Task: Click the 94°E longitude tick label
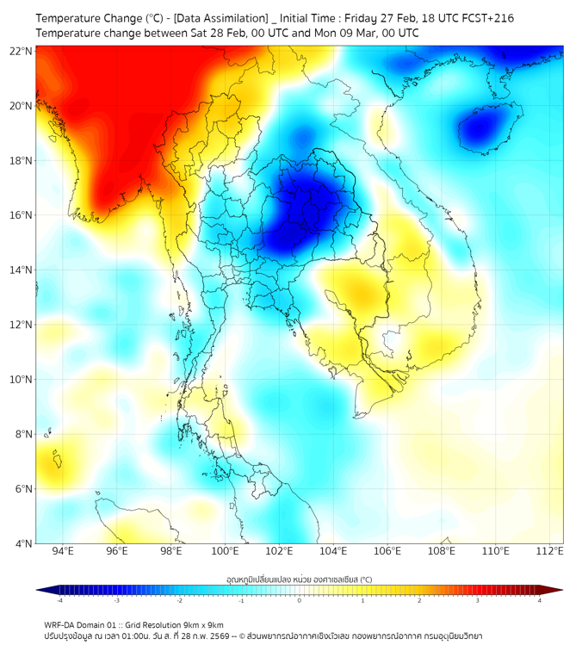coord(62,551)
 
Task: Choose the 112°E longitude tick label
coord(550,551)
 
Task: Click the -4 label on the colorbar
coord(59,601)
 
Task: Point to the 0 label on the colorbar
coord(300,601)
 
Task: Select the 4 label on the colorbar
coord(540,601)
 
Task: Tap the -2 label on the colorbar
coord(179,601)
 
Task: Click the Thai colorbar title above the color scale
coord(299,580)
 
